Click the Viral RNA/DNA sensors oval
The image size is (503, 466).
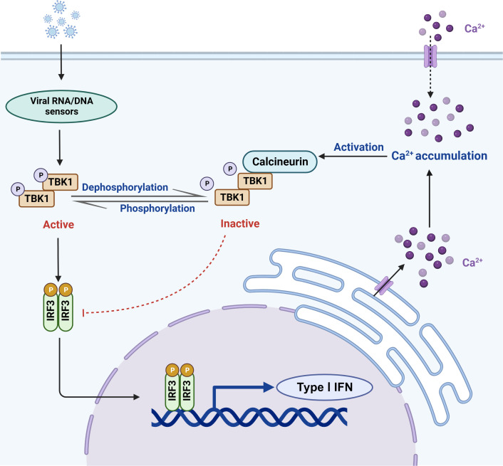(x=61, y=106)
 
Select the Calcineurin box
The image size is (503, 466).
(x=280, y=161)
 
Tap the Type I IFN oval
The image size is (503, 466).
(x=325, y=387)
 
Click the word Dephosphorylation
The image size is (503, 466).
(x=125, y=187)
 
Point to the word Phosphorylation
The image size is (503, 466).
(x=157, y=208)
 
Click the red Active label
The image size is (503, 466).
(x=58, y=225)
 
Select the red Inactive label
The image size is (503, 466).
(x=240, y=223)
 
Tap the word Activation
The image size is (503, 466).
(x=358, y=147)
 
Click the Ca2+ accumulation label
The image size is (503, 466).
(x=439, y=156)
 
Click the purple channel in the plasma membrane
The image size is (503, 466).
(x=430, y=56)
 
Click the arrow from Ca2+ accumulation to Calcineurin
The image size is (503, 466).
(x=353, y=157)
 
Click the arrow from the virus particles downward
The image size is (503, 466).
(x=61, y=62)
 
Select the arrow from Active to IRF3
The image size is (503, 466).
(x=58, y=260)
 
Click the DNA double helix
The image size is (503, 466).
(x=249, y=418)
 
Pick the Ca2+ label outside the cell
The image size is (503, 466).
(x=475, y=28)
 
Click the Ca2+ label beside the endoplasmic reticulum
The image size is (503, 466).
(x=472, y=263)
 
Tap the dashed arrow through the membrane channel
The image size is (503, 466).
(x=430, y=66)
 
